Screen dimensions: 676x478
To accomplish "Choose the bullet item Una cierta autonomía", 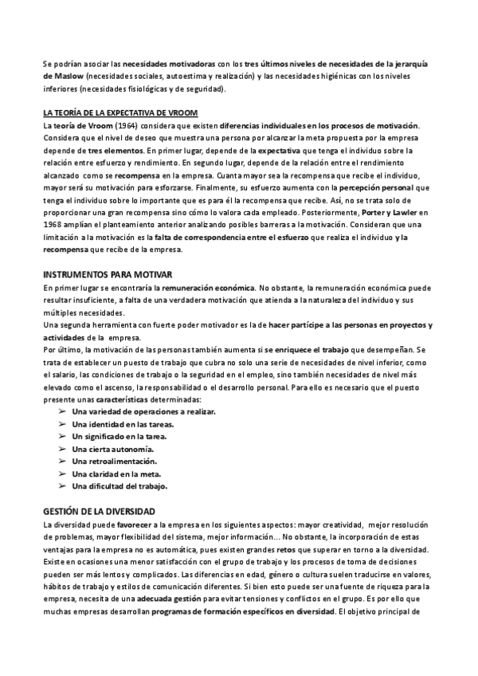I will [x=106, y=449].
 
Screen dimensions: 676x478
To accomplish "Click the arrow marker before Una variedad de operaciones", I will [x=62, y=412].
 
